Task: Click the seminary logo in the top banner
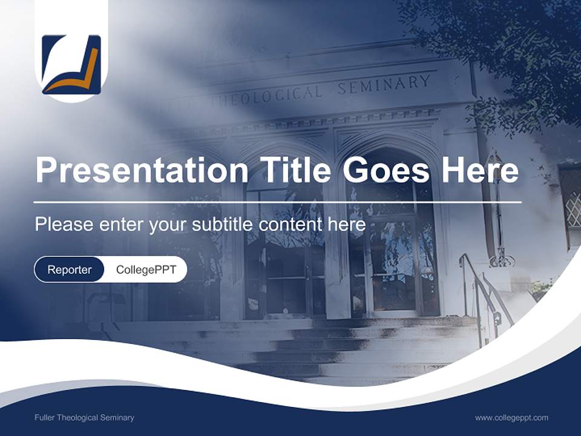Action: (x=71, y=65)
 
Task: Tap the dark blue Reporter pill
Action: (x=70, y=269)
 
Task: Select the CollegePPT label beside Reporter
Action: (x=146, y=269)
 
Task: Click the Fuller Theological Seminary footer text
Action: (x=85, y=418)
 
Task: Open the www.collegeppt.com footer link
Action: (x=511, y=418)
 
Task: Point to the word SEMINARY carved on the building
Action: (x=384, y=84)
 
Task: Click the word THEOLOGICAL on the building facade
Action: (x=266, y=97)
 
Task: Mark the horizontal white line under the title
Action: (x=277, y=202)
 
